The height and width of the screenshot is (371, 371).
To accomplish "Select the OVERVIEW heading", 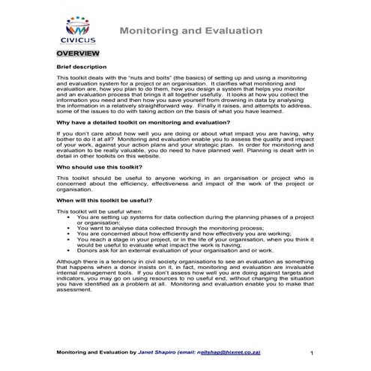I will tap(76, 55).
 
